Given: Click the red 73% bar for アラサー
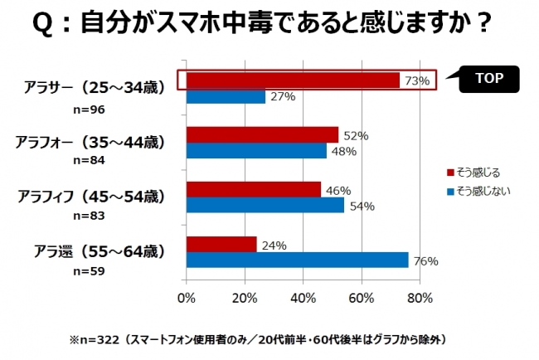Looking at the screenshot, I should point(293,80).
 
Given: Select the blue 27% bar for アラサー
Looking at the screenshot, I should point(226,96).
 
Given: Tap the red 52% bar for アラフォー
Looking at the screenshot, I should point(262,134).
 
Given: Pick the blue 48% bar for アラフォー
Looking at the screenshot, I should point(256,151).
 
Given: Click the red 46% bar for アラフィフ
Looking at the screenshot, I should point(253,189).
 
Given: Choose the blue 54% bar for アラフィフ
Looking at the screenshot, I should point(265,205).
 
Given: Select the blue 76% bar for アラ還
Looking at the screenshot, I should point(297,260).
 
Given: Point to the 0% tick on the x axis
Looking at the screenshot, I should point(187,297).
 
